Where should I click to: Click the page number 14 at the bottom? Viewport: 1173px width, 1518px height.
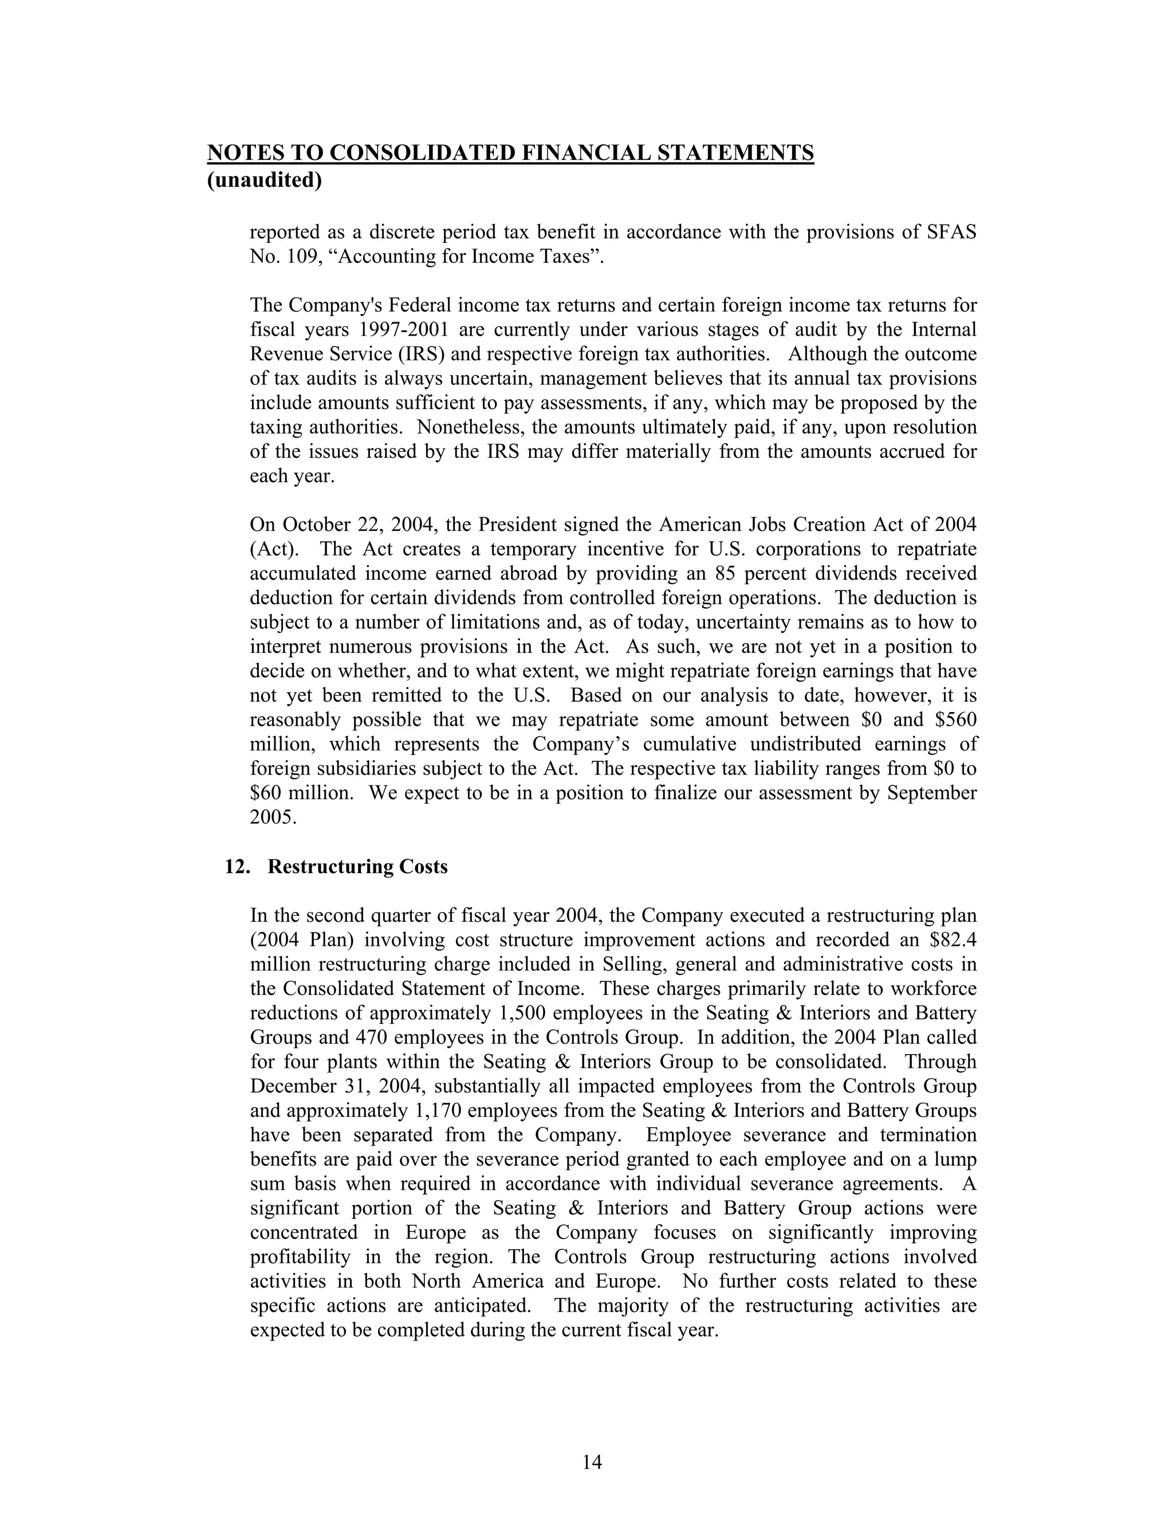pyautogui.click(x=592, y=1462)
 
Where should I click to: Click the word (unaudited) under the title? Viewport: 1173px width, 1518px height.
pyautogui.click(x=265, y=180)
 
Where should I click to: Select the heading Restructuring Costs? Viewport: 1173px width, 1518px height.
pyautogui.click(x=357, y=867)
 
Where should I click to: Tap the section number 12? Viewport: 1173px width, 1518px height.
pyautogui.click(x=237, y=867)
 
